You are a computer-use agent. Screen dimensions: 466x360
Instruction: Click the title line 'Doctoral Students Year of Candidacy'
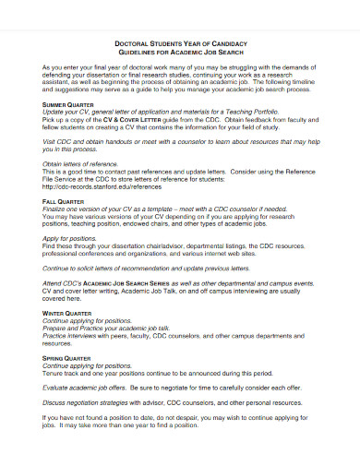[x=180, y=42]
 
